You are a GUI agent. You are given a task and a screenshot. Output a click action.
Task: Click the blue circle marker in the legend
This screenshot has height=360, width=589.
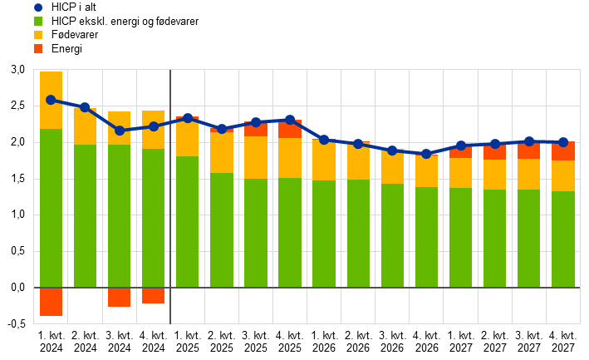coord(38,7)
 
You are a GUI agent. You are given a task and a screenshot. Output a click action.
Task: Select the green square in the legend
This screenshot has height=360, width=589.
coord(38,22)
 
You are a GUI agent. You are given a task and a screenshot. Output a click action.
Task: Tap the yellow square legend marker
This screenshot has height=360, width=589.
coord(38,35)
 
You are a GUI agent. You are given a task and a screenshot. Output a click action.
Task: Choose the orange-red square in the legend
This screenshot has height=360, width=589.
coord(38,49)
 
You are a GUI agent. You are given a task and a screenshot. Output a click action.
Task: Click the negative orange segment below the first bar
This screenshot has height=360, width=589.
coord(51,302)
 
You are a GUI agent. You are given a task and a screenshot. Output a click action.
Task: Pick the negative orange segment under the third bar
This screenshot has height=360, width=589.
coord(119,298)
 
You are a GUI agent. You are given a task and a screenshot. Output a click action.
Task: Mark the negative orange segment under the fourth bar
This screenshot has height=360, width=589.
coord(153,296)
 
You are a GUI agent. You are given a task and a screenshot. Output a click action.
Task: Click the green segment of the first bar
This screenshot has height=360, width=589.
coord(51,208)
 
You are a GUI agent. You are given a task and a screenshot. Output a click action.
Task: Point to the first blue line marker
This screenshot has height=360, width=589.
coord(51,100)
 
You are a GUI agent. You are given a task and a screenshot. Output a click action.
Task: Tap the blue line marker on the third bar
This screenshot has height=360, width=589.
coord(120,131)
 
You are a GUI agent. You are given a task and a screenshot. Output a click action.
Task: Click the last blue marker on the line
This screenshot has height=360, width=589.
coord(563,142)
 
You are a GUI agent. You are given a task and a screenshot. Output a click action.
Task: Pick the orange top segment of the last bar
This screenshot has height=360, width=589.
coord(563,151)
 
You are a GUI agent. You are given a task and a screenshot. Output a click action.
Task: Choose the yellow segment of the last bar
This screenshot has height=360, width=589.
coord(563,175)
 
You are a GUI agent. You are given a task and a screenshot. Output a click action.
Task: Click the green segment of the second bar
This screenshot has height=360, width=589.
coord(85,216)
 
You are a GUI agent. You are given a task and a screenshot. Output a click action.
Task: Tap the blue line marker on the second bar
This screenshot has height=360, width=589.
coord(85,107)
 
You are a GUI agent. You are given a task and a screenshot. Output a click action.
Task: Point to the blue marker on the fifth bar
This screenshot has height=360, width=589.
coord(188,118)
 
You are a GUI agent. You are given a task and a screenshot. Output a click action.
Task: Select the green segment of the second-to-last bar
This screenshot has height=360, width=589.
coord(529,239)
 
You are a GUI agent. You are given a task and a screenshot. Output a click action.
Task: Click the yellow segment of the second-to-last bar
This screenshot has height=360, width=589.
coord(529,174)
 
